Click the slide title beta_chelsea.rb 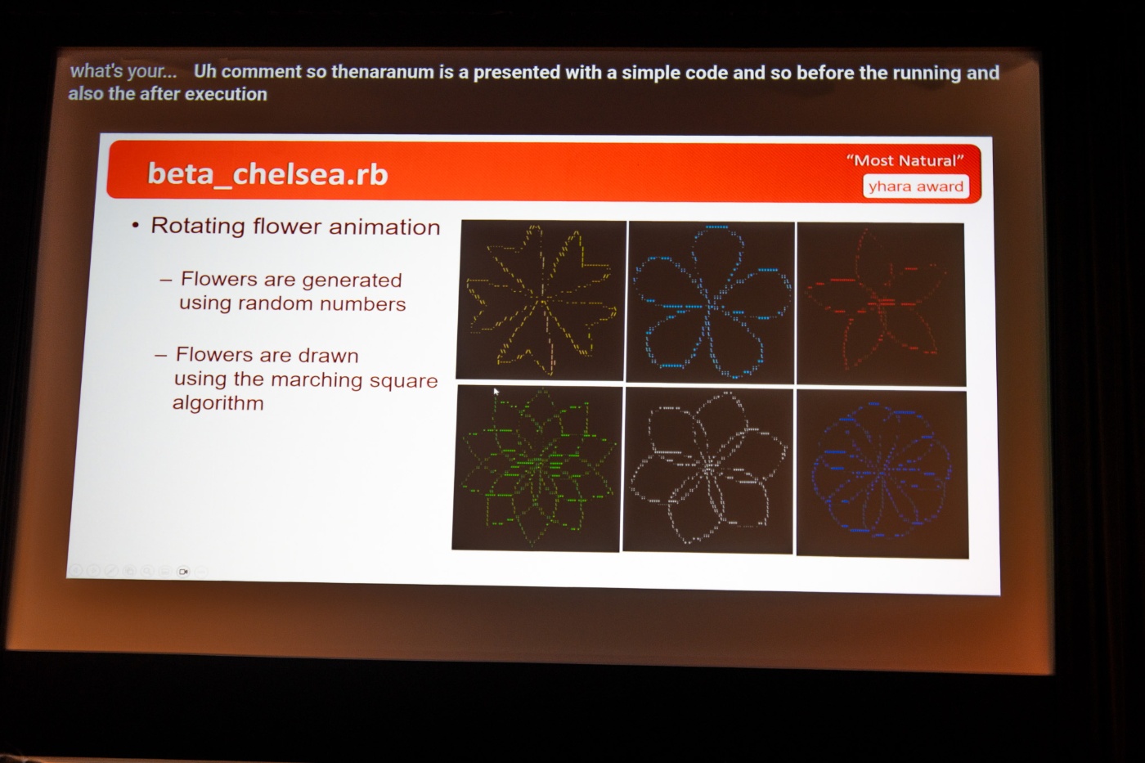pos(267,173)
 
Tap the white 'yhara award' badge pos(915,186)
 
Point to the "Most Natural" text pos(905,160)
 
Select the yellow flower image pos(541,300)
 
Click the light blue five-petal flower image pos(711,302)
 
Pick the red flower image pos(881,304)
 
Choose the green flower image pos(537,468)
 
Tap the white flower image pos(708,471)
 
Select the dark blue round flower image pos(882,474)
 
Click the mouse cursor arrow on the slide pos(496,392)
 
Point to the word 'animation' pos(384,227)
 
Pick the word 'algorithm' pos(218,403)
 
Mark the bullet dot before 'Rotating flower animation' pos(135,226)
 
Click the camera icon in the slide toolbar pos(183,572)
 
